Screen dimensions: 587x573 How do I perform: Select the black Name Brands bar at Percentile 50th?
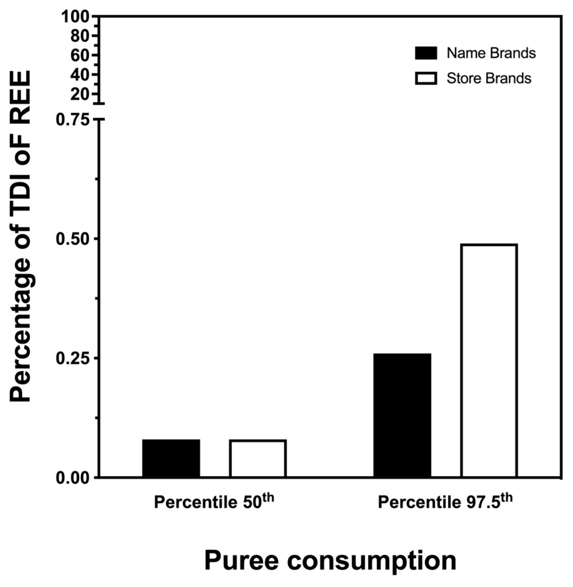[x=171, y=458]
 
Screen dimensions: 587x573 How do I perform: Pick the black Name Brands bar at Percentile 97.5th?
[x=402, y=415]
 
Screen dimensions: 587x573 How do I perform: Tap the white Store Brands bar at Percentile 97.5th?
[x=489, y=360]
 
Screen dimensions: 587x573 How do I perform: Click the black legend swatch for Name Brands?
[x=426, y=53]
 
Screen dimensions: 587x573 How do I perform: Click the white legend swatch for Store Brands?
[x=426, y=78]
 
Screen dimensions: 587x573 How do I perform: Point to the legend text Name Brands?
[x=491, y=53]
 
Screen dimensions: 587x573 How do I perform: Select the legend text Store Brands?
[x=489, y=78]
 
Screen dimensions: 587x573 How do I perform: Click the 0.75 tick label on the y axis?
[x=73, y=120]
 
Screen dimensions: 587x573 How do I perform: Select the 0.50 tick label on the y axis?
[x=73, y=239]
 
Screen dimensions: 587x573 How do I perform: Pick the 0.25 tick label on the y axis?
[x=73, y=359]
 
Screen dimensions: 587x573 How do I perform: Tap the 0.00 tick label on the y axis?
[x=73, y=478]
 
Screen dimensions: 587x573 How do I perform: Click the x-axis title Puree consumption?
[x=330, y=560]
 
